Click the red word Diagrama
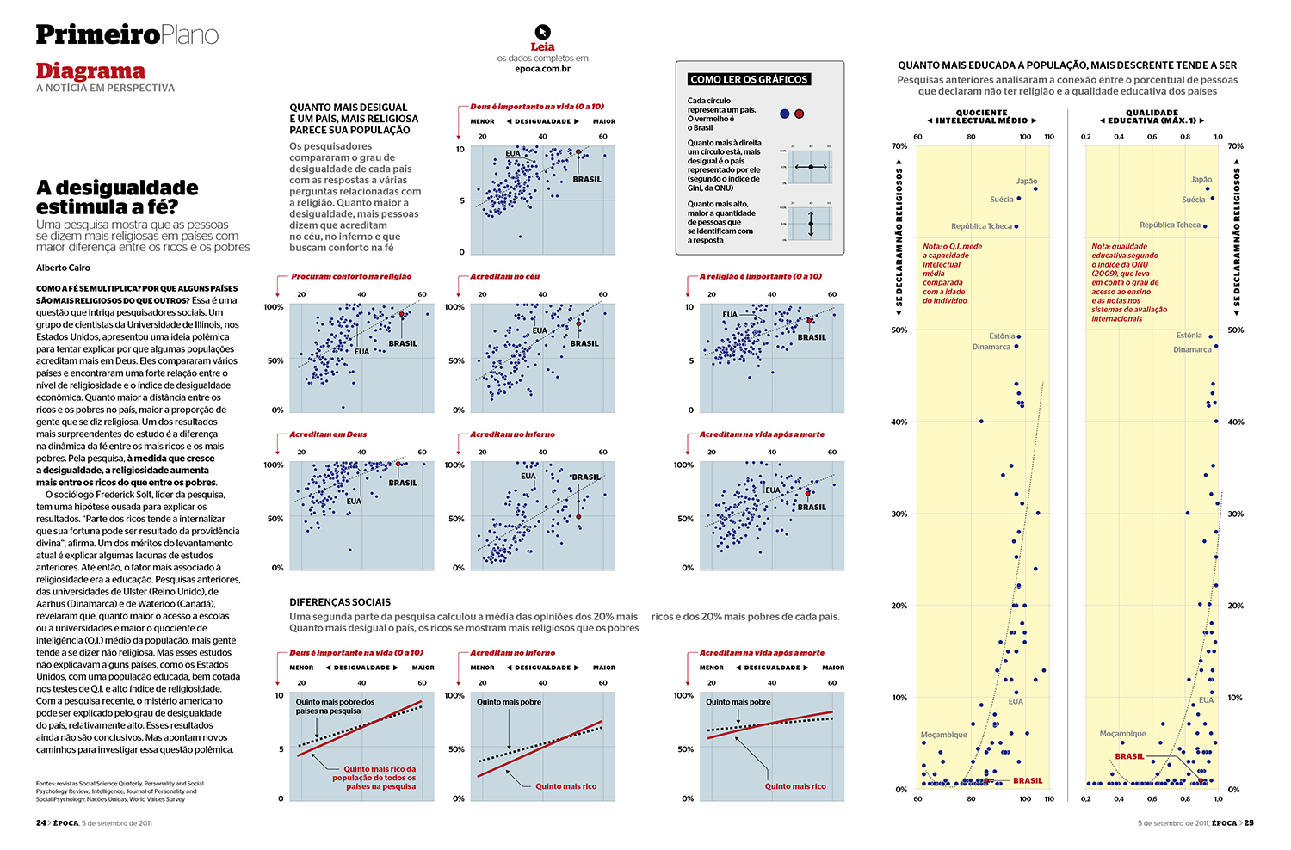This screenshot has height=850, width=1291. (x=90, y=71)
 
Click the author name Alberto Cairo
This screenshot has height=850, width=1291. (x=63, y=268)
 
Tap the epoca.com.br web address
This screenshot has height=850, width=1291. (x=542, y=69)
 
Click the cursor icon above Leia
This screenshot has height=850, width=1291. (x=542, y=32)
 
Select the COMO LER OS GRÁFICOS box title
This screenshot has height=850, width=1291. (x=749, y=79)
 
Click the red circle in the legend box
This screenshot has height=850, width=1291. (x=800, y=114)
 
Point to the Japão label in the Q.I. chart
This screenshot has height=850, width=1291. (x=1027, y=181)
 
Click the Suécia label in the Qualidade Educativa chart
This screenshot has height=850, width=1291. (x=1193, y=200)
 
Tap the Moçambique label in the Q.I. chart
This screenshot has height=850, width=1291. (x=943, y=735)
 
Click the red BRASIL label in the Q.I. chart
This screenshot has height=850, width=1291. (x=1028, y=781)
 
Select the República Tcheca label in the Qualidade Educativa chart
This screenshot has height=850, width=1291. (x=1170, y=225)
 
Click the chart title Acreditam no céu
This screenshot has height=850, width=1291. (x=505, y=276)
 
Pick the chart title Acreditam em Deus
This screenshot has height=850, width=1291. (x=328, y=434)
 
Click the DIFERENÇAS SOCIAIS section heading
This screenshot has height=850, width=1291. (x=340, y=602)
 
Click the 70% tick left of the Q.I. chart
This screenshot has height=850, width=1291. (x=899, y=146)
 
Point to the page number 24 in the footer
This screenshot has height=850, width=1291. (x=41, y=823)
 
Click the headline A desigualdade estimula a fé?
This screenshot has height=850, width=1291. (x=117, y=197)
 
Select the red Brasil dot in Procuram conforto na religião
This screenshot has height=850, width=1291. (x=402, y=316)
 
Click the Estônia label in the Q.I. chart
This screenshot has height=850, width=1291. (x=1002, y=336)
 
